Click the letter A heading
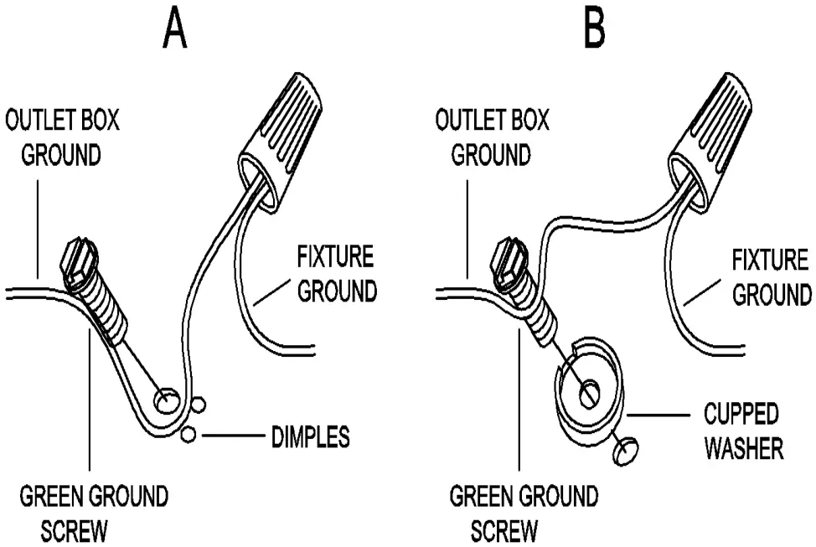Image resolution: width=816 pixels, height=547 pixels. tap(175, 31)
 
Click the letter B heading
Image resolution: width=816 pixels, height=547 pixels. tap(594, 31)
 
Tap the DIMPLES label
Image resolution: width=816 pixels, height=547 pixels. tap(310, 436)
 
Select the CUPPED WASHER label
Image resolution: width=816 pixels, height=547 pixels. tap(741, 431)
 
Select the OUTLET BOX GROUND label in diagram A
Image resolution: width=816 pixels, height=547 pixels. tap(64, 137)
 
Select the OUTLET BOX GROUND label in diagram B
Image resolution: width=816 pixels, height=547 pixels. tap(493, 137)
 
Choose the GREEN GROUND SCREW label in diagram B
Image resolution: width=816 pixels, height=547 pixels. tap(524, 513)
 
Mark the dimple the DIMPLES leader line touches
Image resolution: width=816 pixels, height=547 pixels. tap(188, 434)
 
